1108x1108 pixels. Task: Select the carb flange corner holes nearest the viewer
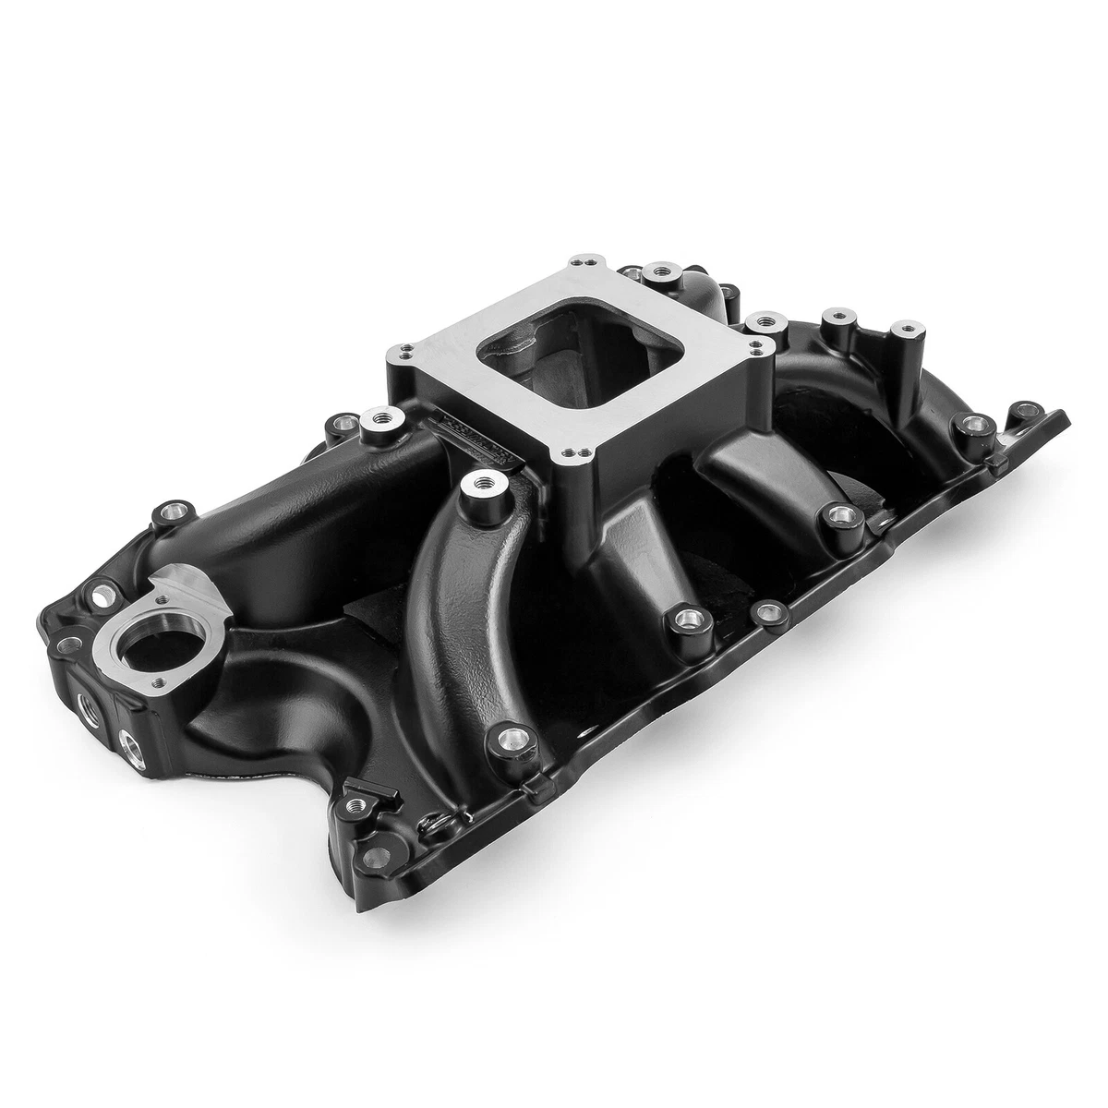pos(565,452)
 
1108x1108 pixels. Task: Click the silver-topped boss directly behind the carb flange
pos(658,271)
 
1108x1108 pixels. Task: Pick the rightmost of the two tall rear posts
pos(901,331)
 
